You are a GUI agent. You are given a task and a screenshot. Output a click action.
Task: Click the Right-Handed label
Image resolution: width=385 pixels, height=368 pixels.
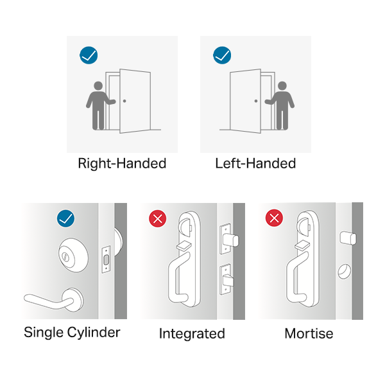[122, 164]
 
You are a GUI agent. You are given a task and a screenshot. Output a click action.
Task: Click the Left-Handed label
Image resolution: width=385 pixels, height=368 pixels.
[255, 164]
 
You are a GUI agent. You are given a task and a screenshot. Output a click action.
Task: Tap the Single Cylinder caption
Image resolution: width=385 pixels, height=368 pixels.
[72, 333]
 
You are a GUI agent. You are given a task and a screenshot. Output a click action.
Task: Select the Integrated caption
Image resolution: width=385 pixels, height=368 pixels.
[192, 333]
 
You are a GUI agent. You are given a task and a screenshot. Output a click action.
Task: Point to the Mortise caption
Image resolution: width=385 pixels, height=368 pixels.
[309, 333]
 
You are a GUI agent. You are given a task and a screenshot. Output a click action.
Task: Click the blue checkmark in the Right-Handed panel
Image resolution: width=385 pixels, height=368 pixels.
[89, 55]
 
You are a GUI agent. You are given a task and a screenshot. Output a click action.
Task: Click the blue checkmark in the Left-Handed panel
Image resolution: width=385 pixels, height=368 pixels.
[222, 55]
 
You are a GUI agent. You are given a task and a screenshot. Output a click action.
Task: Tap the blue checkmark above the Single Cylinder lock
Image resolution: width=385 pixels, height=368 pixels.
[66, 218]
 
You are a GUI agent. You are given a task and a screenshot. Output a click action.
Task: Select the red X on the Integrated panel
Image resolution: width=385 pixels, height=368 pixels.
[158, 218]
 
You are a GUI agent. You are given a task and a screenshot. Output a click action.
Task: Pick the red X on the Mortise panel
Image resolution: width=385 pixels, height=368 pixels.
[274, 218]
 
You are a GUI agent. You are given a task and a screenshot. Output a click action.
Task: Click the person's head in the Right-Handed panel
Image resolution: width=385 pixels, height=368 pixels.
[98, 86]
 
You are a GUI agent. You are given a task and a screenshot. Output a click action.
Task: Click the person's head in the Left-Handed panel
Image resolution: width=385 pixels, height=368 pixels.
[282, 86]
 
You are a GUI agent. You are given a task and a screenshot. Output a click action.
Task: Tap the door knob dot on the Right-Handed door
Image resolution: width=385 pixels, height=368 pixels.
[124, 101]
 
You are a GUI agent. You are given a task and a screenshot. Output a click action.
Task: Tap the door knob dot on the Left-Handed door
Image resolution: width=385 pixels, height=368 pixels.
[256, 101]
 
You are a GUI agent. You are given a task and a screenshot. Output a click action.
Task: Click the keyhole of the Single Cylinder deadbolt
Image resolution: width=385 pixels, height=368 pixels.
[65, 257]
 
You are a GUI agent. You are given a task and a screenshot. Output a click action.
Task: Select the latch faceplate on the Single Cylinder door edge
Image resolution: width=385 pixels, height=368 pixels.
[106, 259]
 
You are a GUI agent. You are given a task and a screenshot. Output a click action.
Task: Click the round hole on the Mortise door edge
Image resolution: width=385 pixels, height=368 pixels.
[345, 271]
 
